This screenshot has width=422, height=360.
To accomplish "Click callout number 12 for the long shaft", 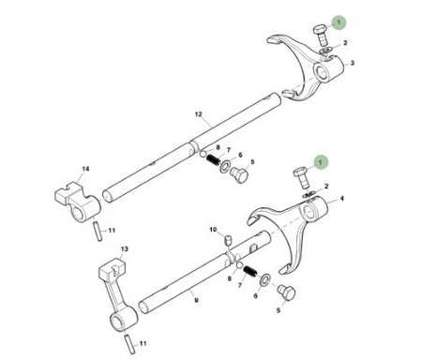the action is (x=198, y=114).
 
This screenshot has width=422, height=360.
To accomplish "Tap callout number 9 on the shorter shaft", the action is (x=196, y=300).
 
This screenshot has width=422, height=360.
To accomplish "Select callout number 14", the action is (x=85, y=169).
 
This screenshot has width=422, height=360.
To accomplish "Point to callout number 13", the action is (x=124, y=249).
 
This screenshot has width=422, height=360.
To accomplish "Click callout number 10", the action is (x=213, y=230).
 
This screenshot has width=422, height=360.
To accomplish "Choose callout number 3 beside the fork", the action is (x=353, y=63).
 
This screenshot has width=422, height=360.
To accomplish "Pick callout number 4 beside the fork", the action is (x=341, y=198).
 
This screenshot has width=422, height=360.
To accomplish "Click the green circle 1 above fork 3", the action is (x=339, y=22).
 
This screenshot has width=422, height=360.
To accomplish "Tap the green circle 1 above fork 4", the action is (x=320, y=162).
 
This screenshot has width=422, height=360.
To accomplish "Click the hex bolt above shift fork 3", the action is (x=321, y=35).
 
